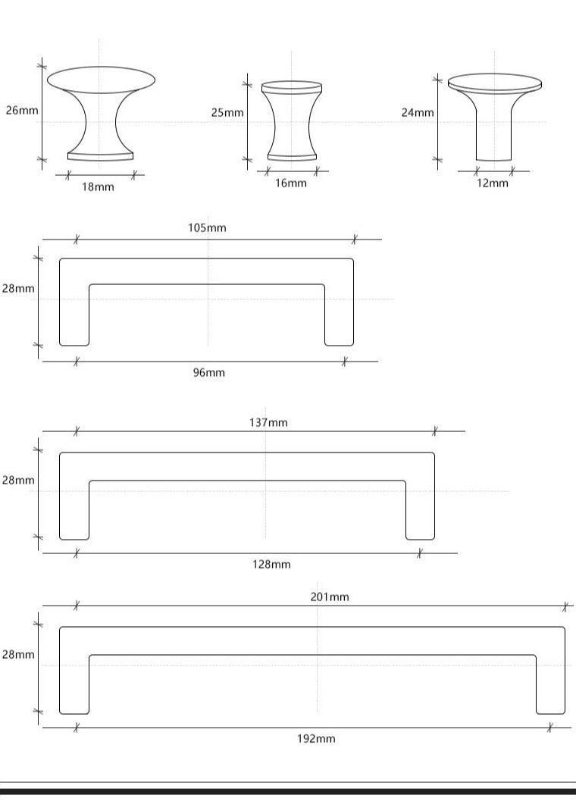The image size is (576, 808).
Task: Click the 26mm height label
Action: tap(22, 110)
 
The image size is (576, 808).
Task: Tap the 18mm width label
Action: tap(98, 186)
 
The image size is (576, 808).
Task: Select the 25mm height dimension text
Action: tap(227, 112)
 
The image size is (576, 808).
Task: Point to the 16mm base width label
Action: tap(291, 183)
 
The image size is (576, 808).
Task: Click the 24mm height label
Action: tap(418, 112)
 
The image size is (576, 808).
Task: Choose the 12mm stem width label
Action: tap(493, 183)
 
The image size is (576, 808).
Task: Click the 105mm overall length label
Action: tap(207, 227)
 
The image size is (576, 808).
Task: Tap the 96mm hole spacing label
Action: tap(209, 372)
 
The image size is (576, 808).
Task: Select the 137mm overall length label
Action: tap(268, 422)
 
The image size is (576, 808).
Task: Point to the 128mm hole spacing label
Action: tap(271, 564)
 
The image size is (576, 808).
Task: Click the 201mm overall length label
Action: tap(330, 597)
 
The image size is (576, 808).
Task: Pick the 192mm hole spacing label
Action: tap(316, 738)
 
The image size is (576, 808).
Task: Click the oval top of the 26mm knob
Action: tap(101, 80)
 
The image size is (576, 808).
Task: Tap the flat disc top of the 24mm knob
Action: tap(495, 83)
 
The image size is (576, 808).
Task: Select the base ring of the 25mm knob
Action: tap(292, 158)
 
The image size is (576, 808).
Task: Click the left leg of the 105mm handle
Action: tap(75, 315)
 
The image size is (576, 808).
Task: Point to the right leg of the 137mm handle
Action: tap(420, 510)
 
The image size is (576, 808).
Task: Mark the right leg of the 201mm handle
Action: tap(551, 685)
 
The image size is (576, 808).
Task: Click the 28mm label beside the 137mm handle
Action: tap(18, 480)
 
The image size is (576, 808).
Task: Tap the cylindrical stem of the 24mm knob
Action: tap(494, 135)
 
